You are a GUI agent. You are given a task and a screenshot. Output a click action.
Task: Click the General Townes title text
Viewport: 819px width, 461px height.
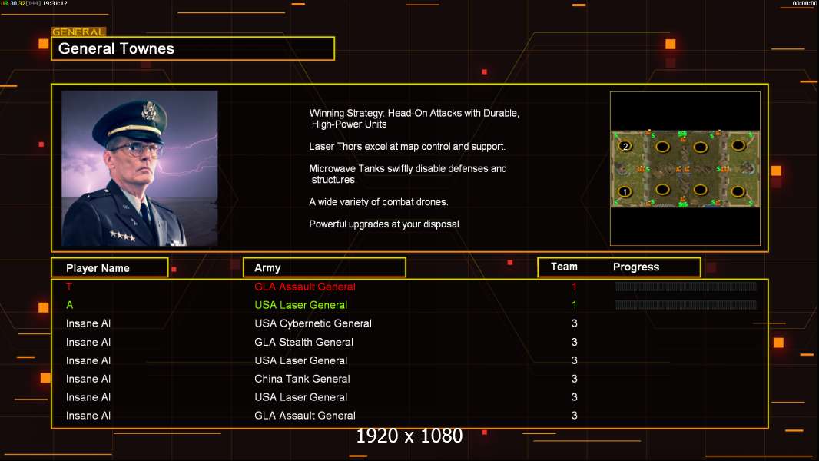pyautogui.click(x=116, y=48)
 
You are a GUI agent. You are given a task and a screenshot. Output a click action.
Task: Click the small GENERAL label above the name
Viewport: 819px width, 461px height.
pyautogui.click(x=78, y=32)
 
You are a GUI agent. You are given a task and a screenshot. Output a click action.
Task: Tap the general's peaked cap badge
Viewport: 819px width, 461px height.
pyautogui.click(x=149, y=110)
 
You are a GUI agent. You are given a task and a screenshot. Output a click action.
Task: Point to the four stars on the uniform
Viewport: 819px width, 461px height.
pyautogui.click(x=123, y=235)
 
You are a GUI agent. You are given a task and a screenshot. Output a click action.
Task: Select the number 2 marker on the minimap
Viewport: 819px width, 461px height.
pyautogui.click(x=625, y=146)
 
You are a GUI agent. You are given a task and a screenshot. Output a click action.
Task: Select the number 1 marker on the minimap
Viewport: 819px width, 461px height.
pyautogui.click(x=624, y=191)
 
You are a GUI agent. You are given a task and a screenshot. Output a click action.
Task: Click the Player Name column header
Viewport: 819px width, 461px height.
pyautogui.click(x=98, y=268)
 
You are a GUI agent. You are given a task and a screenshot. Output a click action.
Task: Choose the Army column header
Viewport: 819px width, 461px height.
pyautogui.click(x=267, y=268)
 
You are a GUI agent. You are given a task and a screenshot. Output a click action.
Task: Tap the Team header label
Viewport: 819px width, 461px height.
pyautogui.click(x=564, y=267)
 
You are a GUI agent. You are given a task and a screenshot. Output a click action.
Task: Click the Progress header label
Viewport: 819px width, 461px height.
pyautogui.click(x=635, y=267)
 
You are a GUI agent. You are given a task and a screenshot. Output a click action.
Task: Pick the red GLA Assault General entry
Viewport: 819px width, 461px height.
pyautogui.click(x=304, y=287)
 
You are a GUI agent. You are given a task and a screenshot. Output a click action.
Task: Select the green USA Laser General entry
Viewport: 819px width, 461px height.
pyautogui.click(x=301, y=305)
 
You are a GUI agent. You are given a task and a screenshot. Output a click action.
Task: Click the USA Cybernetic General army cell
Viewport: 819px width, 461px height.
pyautogui.click(x=313, y=323)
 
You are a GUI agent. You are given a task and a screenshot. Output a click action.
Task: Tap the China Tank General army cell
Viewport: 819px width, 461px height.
pyautogui.click(x=302, y=379)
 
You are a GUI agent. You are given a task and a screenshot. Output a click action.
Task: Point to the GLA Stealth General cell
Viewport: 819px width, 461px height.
pyautogui.click(x=303, y=342)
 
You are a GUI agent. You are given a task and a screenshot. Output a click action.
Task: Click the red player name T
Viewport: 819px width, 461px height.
pyautogui.click(x=69, y=287)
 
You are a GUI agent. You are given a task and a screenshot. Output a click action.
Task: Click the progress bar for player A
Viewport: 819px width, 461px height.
pyautogui.click(x=685, y=305)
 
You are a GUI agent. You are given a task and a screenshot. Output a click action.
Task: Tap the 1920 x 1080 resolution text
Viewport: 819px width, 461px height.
pyautogui.click(x=409, y=436)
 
